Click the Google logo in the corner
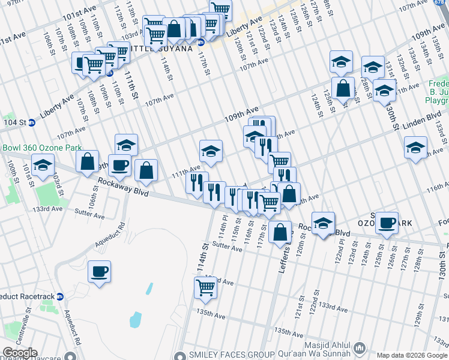tap(19, 353)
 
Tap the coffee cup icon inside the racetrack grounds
tap(99, 271)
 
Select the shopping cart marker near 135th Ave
tap(205, 287)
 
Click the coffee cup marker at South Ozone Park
tap(387, 223)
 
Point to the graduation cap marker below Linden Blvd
tap(415, 148)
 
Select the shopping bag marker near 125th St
tap(342, 88)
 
